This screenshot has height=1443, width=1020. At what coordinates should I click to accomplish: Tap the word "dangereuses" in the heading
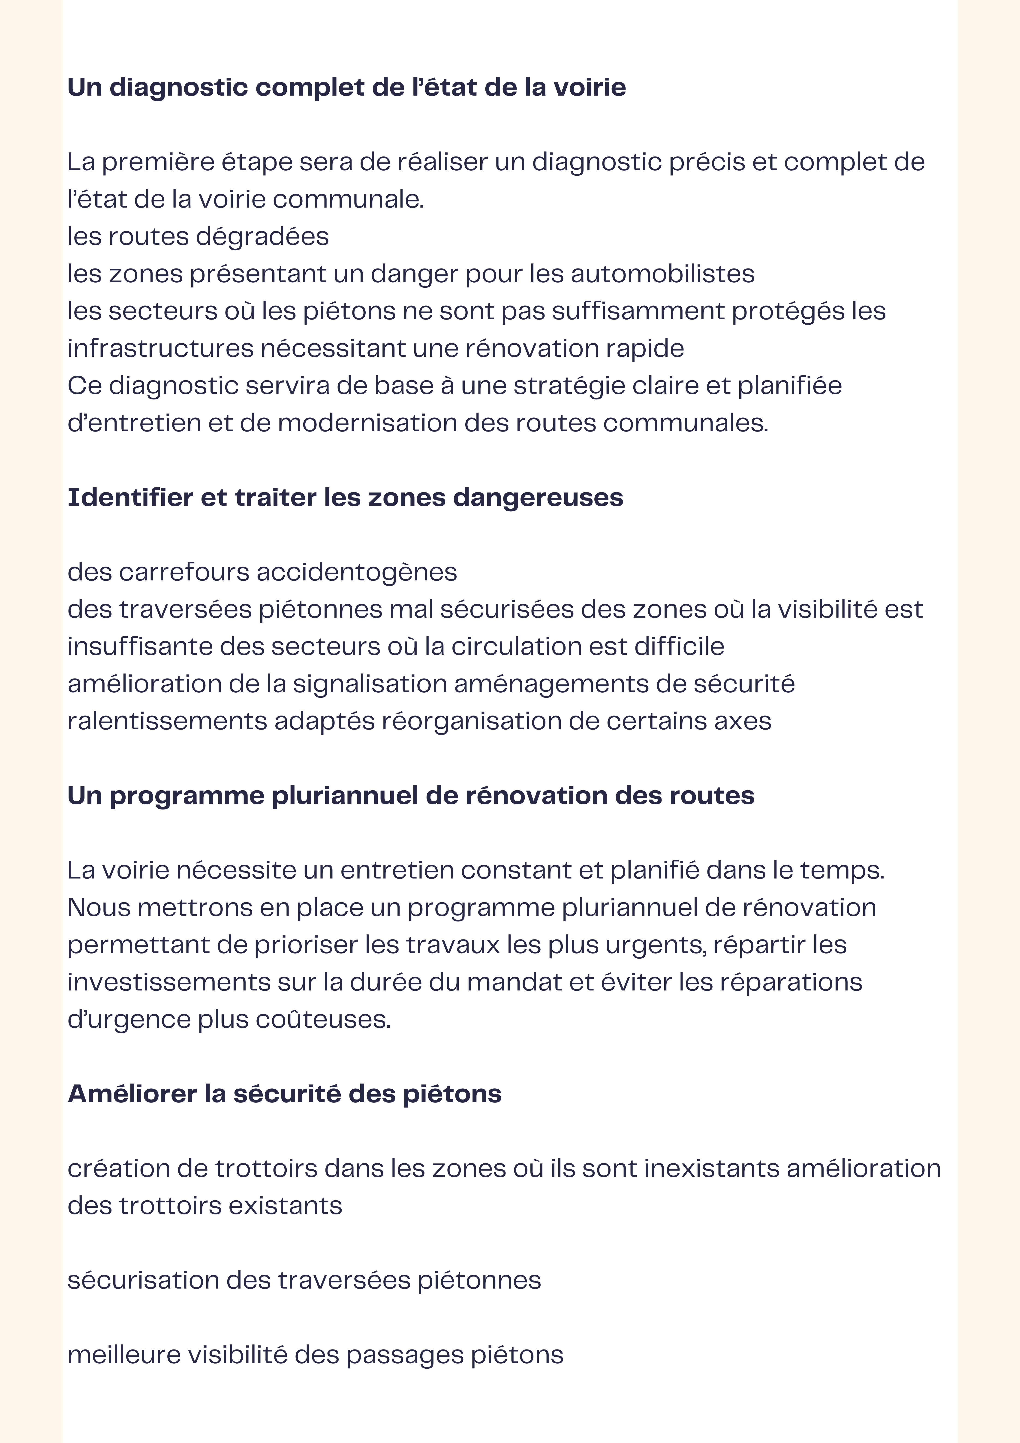[538, 498]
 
